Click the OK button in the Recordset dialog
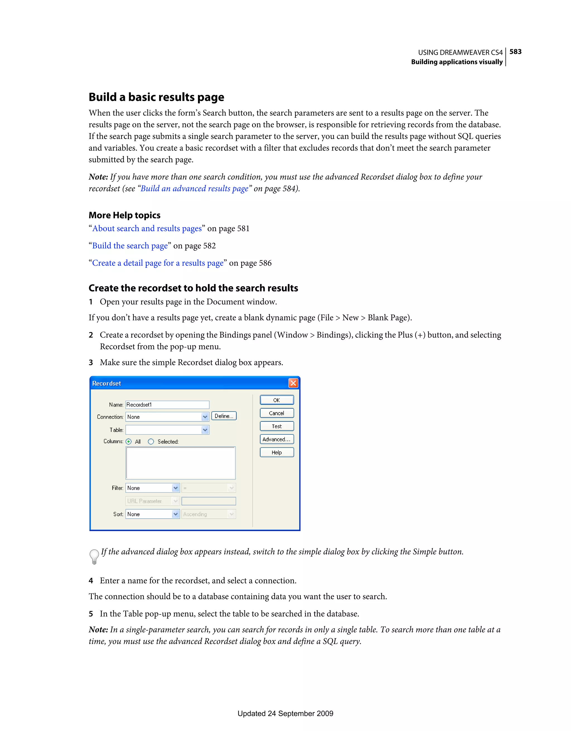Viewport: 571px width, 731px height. point(277,400)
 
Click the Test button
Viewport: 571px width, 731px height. point(277,426)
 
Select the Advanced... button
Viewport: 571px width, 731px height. point(277,439)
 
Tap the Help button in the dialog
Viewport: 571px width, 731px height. point(277,452)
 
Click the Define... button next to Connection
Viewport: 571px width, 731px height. point(224,416)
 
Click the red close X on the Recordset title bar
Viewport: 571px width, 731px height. point(293,383)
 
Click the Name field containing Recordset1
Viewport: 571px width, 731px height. point(167,405)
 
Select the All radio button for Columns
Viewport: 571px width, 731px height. point(129,441)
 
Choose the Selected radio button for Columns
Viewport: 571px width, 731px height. point(151,441)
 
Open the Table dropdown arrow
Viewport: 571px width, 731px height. point(205,430)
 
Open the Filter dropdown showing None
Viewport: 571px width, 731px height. point(176,488)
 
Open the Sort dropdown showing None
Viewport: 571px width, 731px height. point(176,514)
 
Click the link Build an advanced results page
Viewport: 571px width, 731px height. point(194,188)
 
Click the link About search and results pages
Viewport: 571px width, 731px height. point(147,228)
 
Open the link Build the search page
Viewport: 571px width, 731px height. point(130,246)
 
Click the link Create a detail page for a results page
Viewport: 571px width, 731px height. point(158,263)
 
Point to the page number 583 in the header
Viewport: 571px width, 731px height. point(515,52)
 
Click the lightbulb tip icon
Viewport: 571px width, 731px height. point(94,556)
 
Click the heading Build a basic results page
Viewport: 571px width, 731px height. point(156,97)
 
